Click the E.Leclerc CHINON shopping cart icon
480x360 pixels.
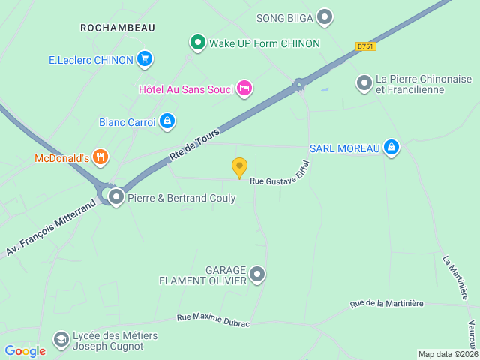pyautogui.click(x=145, y=59)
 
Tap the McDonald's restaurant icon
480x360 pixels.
pyautogui.click(x=101, y=157)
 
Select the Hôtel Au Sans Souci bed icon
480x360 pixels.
pyautogui.click(x=244, y=88)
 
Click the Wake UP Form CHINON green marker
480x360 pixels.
pyautogui.click(x=198, y=43)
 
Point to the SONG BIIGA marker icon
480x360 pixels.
pyautogui.click(x=325, y=16)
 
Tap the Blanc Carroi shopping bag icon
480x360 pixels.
pyautogui.click(x=166, y=121)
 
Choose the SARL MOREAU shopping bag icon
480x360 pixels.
pyautogui.click(x=390, y=148)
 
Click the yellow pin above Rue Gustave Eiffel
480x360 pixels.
pyautogui.click(x=239, y=167)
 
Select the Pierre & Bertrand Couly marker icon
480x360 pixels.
pyautogui.click(x=116, y=198)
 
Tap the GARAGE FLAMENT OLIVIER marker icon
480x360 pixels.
pyautogui.click(x=257, y=274)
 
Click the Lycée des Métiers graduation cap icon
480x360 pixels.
pyautogui.click(x=61, y=341)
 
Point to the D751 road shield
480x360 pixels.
pyautogui.click(x=366, y=46)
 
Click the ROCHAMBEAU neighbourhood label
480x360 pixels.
pyautogui.click(x=118, y=28)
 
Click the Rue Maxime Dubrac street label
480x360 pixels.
pyautogui.click(x=213, y=319)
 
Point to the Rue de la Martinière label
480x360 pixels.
pyautogui.click(x=386, y=304)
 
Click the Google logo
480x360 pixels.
pyautogui.click(x=25, y=350)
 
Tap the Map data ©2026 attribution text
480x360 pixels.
pyautogui.click(x=447, y=354)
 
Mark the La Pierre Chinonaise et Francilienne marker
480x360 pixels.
pyautogui.click(x=364, y=83)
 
